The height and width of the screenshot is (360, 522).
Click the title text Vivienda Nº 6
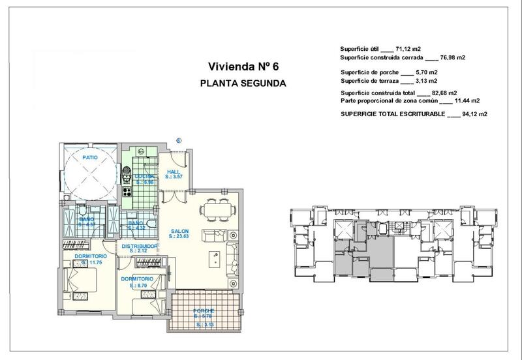243,66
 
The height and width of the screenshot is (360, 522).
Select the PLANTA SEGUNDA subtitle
242,83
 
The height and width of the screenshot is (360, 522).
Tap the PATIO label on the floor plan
90,158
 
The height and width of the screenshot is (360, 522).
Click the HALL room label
173,172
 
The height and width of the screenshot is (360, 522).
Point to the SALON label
179,231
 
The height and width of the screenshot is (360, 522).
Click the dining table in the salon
215,209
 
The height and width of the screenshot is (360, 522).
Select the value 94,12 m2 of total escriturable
474,113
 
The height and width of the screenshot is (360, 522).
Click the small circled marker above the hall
179,138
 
